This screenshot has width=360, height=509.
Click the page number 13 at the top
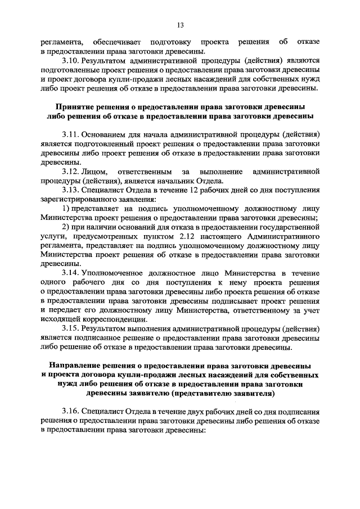tap(181, 25)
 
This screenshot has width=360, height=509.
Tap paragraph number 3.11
tap(70, 134)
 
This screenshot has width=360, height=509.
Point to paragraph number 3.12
tap(70, 171)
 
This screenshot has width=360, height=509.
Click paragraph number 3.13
tap(70, 190)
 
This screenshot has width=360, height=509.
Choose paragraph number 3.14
tap(70, 273)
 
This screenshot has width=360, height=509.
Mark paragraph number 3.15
tap(70, 328)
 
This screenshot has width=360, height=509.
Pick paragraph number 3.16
tap(70, 411)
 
